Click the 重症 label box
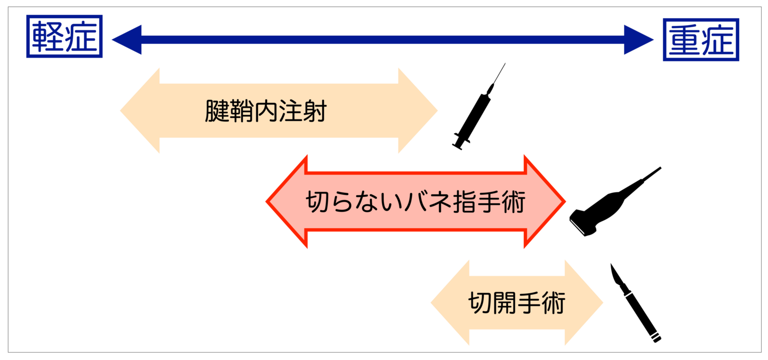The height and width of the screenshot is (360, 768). click(x=701, y=40)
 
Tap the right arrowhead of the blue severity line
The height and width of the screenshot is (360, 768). click(x=643, y=39)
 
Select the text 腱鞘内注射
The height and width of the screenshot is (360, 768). click(x=265, y=112)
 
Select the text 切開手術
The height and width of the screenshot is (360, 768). click(x=516, y=303)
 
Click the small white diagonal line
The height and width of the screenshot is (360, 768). click(x=578, y=227)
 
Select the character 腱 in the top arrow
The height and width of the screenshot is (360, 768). click(x=217, y=112)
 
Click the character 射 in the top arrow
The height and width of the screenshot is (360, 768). click(x=314, y=112)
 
